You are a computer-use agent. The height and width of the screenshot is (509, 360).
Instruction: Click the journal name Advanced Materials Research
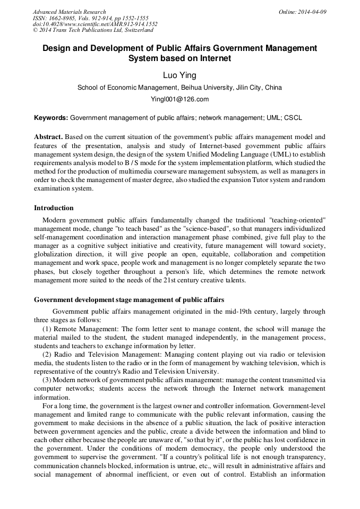[x=69, y=12]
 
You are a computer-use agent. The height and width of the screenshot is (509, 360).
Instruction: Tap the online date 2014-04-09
[x=312, y=12]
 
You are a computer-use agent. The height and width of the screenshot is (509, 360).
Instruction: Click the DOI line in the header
[x=95, y=24]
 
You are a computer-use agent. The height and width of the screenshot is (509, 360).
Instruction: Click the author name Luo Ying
[x=179, y=75]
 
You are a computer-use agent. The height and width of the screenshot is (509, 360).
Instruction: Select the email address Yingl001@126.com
[x=179, y=99]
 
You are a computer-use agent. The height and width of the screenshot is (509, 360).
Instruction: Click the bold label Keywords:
[x=51, y=117]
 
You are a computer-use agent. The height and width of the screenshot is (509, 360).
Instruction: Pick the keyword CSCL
[x=293, y=117]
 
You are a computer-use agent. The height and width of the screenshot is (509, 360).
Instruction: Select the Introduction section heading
[x=54, y=208]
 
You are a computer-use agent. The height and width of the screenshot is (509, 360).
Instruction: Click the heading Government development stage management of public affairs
[x=129, y=300]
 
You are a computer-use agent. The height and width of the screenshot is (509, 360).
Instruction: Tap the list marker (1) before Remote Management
[x=47, y=330]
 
